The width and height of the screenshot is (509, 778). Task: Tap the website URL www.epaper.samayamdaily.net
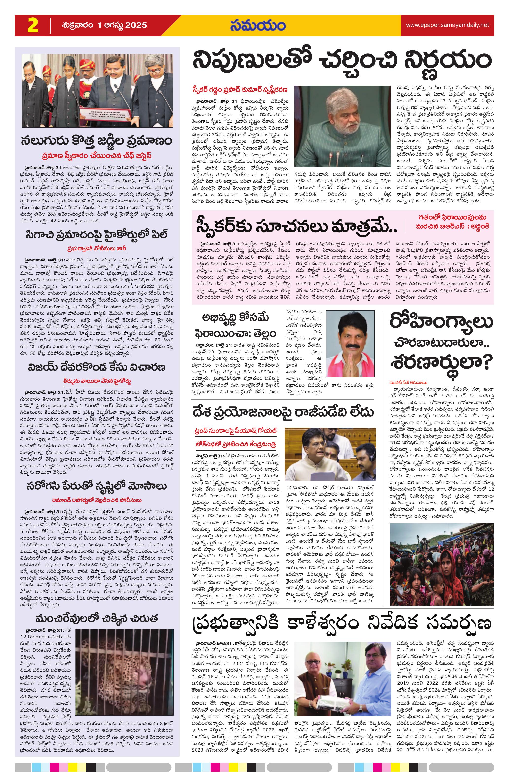447,25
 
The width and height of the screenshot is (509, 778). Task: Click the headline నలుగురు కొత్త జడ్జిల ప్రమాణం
97,141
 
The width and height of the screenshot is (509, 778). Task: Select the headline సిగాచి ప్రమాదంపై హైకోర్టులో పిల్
97,234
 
